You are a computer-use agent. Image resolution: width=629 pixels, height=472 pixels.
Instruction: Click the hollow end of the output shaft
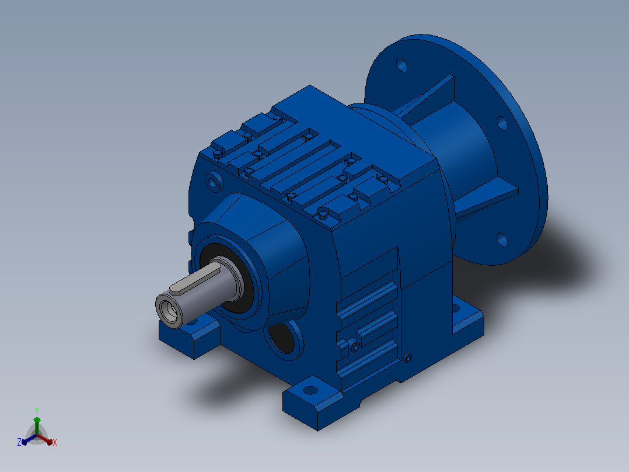(x=169, y=311)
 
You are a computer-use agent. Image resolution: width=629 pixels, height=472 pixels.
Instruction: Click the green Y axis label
(x=37, y=411)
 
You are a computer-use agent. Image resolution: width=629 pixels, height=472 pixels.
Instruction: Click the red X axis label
(x=55, y=442)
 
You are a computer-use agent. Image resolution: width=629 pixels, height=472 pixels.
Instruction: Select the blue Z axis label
(x=19, y=442)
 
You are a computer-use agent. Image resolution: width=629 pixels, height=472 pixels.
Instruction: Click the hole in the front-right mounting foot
(x=310, y=390)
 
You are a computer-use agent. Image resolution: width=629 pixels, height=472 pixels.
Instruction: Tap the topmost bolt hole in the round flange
(x=401, y=65)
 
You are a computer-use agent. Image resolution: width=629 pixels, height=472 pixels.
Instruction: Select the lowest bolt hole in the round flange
(x=502, y=240)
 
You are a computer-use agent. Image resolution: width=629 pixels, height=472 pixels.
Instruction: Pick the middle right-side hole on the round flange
(x=502, y=123)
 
